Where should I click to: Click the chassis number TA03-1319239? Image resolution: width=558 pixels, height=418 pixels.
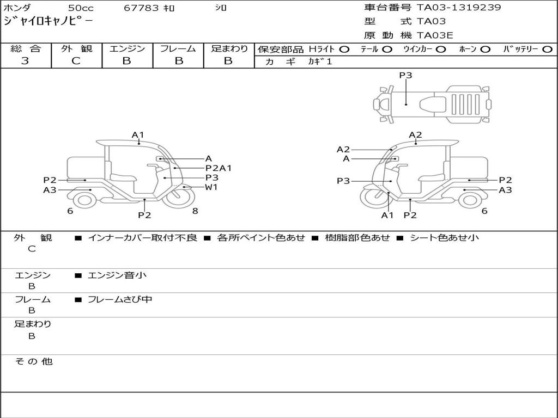click(x=459, y=8)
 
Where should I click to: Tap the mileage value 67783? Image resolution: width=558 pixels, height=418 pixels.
click(x=142, y=8)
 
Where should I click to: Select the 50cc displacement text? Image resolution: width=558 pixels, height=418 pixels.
click(x=80, y=8)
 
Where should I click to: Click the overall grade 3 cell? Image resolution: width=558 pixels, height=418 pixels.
click(x=26, y=61)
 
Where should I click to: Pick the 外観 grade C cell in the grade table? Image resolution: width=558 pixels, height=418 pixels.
click(x=76, y=61)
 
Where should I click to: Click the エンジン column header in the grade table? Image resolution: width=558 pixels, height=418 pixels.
click(x=127, y=48)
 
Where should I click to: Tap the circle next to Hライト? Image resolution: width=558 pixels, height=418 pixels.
click(x=344, y=50)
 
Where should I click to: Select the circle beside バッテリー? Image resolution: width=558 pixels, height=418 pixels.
click(x=547, y=50)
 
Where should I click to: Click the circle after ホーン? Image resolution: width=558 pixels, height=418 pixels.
click(x=486, y=50)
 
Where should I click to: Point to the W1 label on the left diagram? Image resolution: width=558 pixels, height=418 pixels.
click(x=211, y=187)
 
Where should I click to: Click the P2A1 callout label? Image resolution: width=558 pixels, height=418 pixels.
click(x=219, y=168)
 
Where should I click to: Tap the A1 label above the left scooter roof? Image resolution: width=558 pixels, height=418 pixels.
click(x=138, y=135)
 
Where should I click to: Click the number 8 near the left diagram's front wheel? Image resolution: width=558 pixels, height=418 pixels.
click(x=195, y=211)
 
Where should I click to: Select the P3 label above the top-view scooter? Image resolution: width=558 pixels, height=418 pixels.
click(x=405, y=76)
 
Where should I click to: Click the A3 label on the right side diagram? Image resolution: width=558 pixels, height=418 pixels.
click(x=505, y=190)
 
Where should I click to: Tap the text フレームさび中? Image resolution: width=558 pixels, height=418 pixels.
click(x=120, y=299)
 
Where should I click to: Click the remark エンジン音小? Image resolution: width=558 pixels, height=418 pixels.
click(x=117, y=275)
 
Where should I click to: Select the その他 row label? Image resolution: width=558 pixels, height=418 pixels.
click(x=34, y=361)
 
